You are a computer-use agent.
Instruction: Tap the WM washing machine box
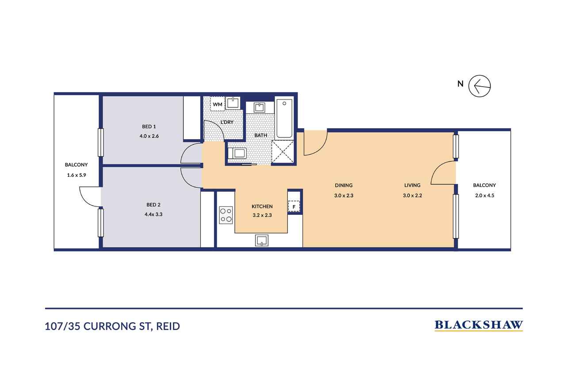[218, 103]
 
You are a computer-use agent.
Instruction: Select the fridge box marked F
[294, 206]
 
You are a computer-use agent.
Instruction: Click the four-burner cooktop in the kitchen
[226, 215]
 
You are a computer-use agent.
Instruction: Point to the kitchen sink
[261, 240]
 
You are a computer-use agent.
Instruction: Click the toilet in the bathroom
[237, 153]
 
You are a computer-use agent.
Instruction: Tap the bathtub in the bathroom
[284, 118]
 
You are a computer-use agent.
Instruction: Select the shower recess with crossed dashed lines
[283, 152]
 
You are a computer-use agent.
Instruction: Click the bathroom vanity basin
[260, 107]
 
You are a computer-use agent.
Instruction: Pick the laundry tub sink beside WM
[233, 103]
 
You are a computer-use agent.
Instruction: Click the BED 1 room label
[149, 126]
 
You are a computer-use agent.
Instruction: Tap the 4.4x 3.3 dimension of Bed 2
[153, 214]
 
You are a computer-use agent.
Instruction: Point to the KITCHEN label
[262, 206]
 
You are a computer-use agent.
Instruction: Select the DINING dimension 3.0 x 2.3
[344, 195]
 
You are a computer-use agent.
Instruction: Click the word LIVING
[413, 185]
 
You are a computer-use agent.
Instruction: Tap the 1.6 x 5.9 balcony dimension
[76, 175]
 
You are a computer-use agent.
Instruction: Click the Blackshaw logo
[478, 325]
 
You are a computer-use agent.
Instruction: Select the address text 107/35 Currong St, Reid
[112, 326]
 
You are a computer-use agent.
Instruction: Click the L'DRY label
[227, 122]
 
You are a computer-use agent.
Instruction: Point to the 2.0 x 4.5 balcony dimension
[484, 195]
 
